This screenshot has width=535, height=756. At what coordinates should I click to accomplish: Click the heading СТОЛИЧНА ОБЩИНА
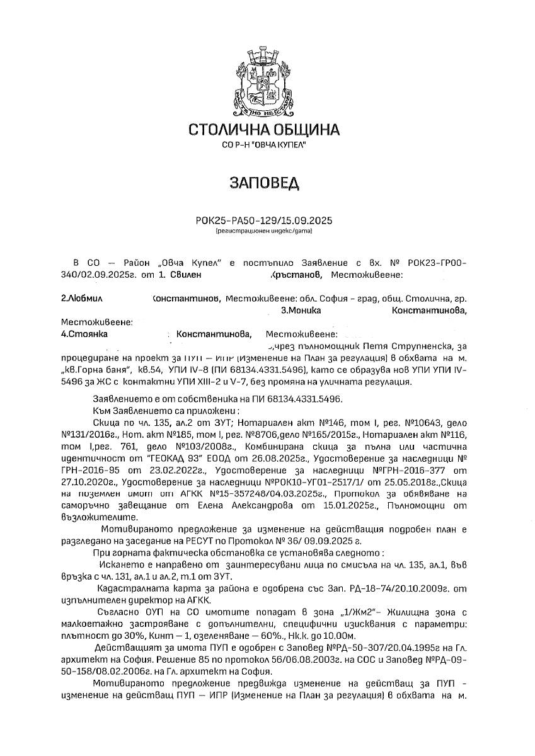coord(265,130)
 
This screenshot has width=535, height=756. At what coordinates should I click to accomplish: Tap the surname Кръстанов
coord(296,275)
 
